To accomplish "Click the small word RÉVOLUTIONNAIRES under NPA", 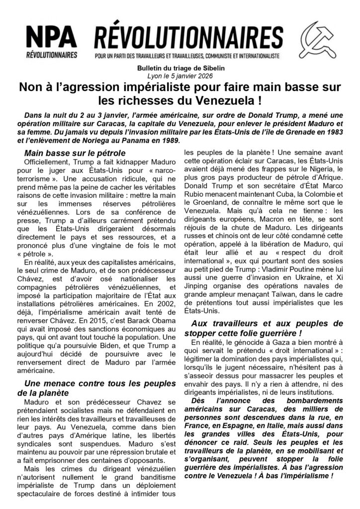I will (x=51, y=54).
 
